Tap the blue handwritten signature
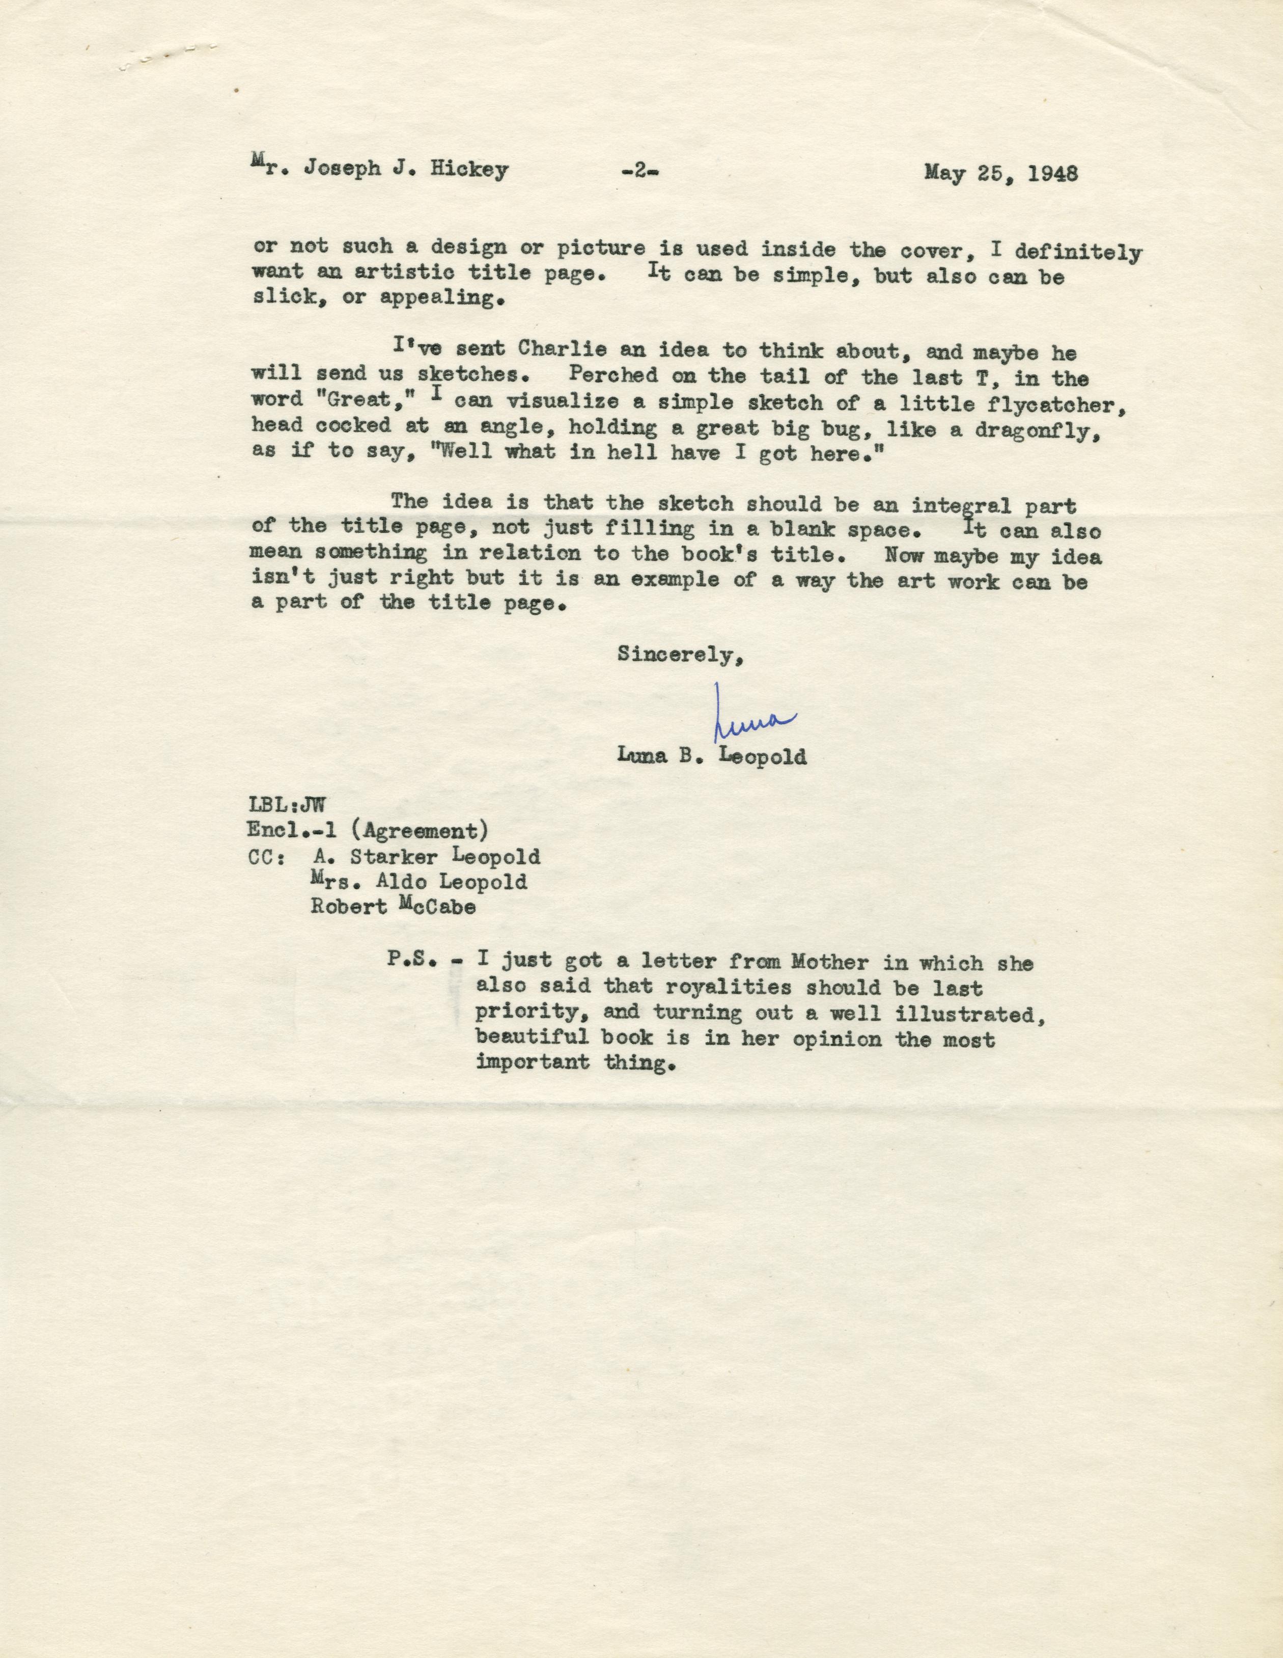pyautogui.click(x=751, y=716)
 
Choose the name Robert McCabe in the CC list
pyautogui.click(x=393, y=907)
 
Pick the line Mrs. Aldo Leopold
pyautogui.click(x=419, y=881)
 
